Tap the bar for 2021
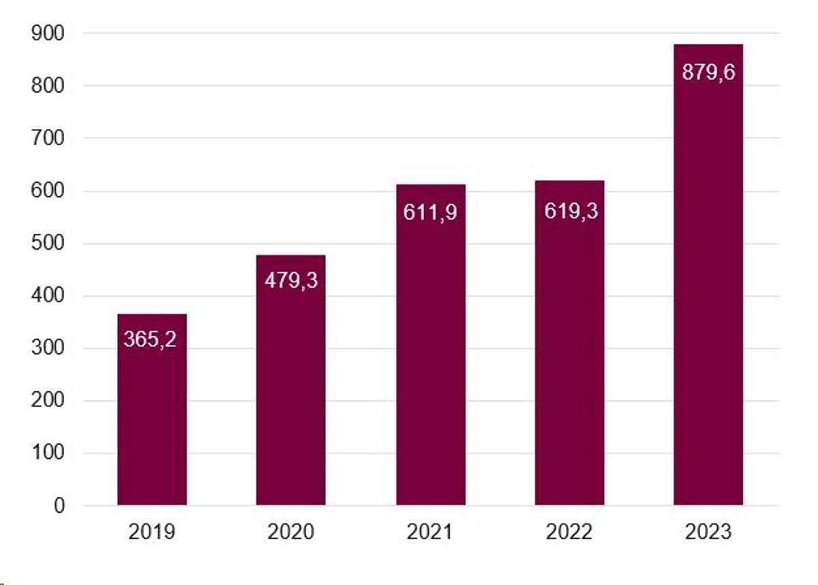tap(430, 355)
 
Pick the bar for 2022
tap(569, 355)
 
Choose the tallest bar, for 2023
tap(708, 286)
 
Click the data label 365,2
tap(150, 339)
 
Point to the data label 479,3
tap(291, 280)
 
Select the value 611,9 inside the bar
tap(430, 212)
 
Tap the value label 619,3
tap(571, 211)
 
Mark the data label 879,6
tap(709, 72)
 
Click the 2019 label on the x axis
tap(151, 532)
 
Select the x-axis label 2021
tap(430, 532)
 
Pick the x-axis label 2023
tap(708, 532)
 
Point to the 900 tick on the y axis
tap(48, 33)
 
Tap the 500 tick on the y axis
tap(48, 243)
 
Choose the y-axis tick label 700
tap(48, 138)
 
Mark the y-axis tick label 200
tap(48, 401)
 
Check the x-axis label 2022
tap(569, 532)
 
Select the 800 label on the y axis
tap(48, 86)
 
